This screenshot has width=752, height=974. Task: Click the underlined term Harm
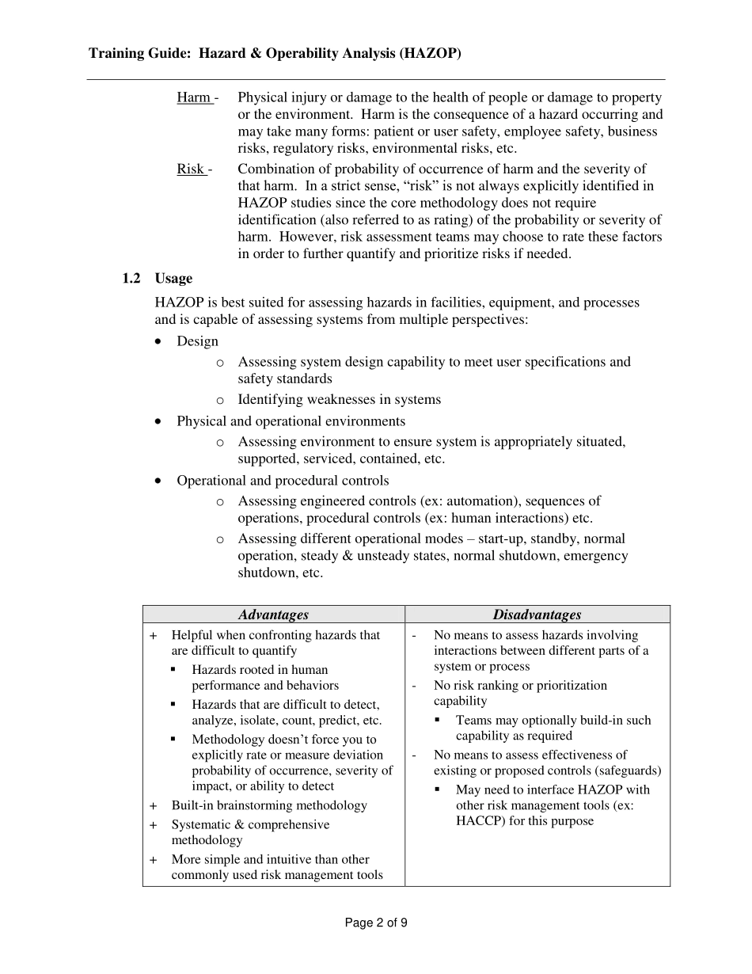click(x=193, y=97)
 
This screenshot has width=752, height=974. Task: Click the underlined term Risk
click(x=190, y=169)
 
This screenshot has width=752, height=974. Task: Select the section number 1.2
click(x=131, y=279)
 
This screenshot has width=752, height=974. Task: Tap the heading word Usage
click(x=173, y=279)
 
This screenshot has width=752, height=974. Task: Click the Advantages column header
click(x=273, y=614)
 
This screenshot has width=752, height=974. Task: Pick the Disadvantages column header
click(x=537, y=614)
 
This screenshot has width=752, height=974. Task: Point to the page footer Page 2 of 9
click(x=376, y=923)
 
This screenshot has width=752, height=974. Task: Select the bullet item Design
click(x=197, y=341)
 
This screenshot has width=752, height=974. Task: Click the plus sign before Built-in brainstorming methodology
click(x=154, y=805)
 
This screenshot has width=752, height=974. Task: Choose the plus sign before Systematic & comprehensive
click(x=154, y=825)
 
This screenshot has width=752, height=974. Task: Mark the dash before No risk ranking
click(x=416, y=686)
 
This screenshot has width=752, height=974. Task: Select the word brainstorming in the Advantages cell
click(x=253, y=805)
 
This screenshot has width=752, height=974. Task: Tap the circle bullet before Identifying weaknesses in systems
click(x=220, y=400)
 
